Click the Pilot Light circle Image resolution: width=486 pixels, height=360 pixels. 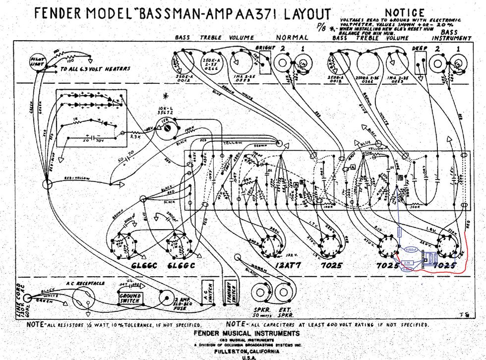pyautogui.click(x=35, y=61)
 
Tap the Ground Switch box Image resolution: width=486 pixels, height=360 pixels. pyautogui.click(x=130, y=298)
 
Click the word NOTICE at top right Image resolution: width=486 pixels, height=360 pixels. pyautogui.click(x=405, y=12)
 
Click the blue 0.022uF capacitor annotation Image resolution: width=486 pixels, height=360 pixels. pyautogui.click(x=411, y=249)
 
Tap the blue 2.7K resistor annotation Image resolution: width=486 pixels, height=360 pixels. pyautogui.click(x=407, y=262)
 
